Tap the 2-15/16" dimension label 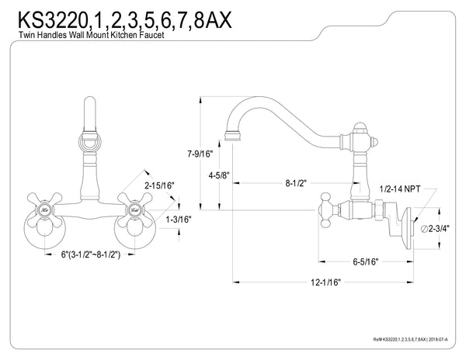tap(159, 185)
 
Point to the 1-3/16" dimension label tap(179, 220)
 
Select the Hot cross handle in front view tap(47, 209)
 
